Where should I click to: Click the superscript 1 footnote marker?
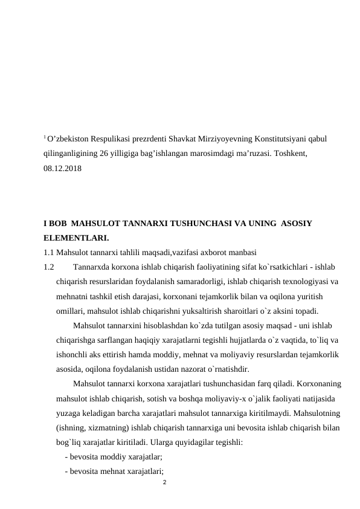point(45,137)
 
